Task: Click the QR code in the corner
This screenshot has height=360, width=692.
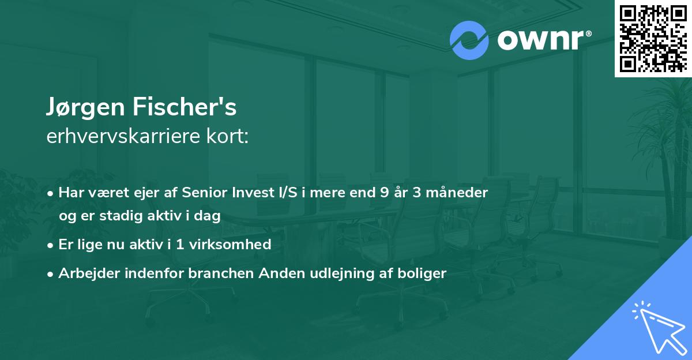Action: click(653, 38)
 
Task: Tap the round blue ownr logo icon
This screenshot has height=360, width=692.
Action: click(469, 40)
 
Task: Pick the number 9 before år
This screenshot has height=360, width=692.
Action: click(384, 193)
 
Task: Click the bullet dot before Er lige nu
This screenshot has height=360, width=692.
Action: click(51, 245)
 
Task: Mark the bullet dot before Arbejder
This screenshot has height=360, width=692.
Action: click(51, 274)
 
